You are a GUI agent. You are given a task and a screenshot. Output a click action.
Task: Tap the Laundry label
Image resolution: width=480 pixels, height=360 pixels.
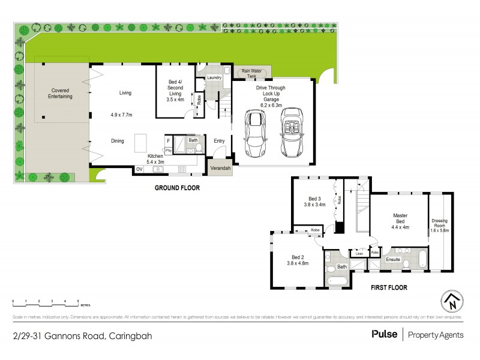coord(214,77)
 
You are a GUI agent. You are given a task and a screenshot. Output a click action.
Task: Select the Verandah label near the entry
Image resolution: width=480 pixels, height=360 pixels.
coord(220,169)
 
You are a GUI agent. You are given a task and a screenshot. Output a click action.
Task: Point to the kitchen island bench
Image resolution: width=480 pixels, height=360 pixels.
coord(140,144)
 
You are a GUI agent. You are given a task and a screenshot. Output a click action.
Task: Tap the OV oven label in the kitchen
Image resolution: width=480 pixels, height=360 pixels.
coord(139,169)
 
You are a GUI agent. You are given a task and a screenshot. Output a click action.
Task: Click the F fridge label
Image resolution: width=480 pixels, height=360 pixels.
coord(169,140)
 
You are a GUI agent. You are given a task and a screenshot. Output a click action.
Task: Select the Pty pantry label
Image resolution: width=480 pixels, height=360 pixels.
coord(169,150)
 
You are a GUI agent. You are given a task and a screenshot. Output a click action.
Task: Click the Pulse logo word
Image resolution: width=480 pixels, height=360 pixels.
coord(384,334)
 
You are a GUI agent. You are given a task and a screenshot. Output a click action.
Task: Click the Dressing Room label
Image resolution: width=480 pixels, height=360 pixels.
coord(439,224)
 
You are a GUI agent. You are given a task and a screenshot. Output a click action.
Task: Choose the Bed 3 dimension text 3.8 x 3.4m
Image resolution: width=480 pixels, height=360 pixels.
coord(314,205)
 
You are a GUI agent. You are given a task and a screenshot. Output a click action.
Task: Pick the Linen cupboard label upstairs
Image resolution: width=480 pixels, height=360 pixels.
coord(359,253)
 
